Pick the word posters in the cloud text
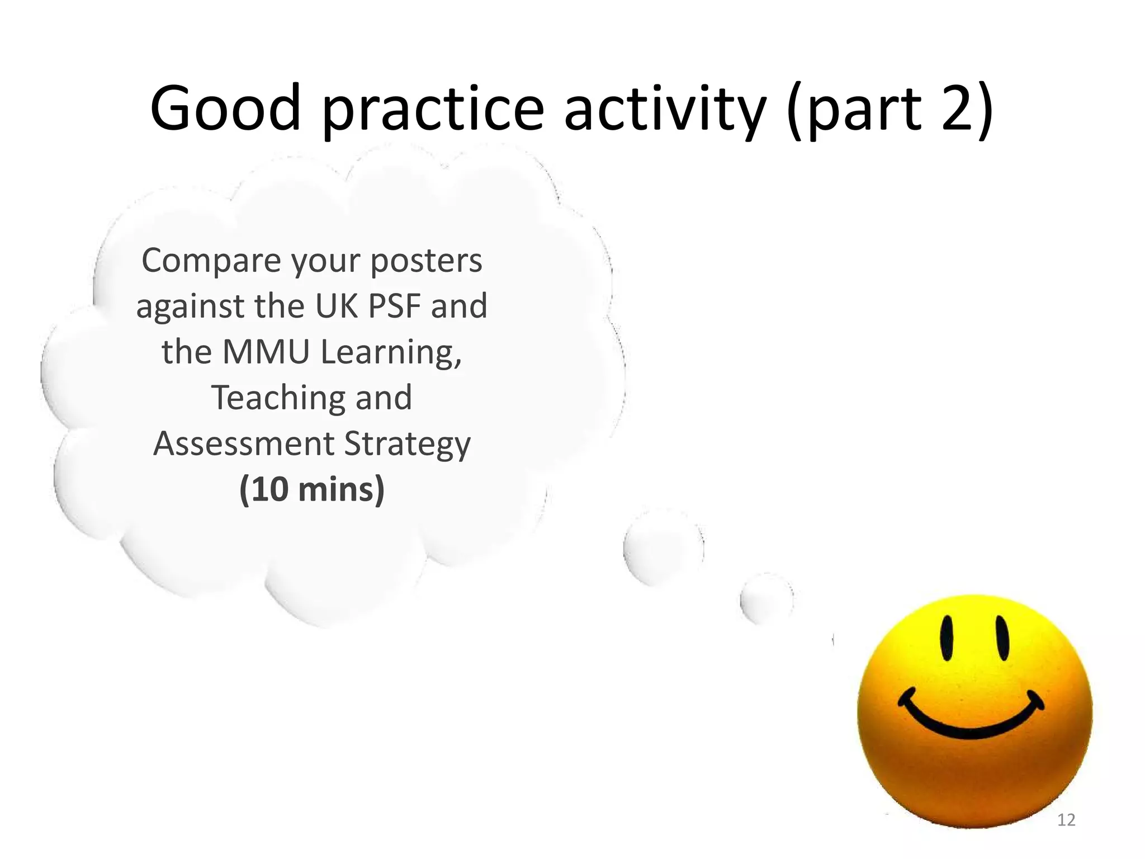(x=426, y=261)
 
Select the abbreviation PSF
(x=395, y=306)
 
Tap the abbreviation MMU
(x=266, y=352)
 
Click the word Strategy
(x=407, y=445)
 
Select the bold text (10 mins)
(x=312, y=489)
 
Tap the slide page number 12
(x=1066, y=820)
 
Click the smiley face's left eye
(x=947, y=638)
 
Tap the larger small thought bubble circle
(x=663, y=547)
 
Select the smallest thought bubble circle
(x=767, y=599)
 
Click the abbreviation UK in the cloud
(x=338, y=306)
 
